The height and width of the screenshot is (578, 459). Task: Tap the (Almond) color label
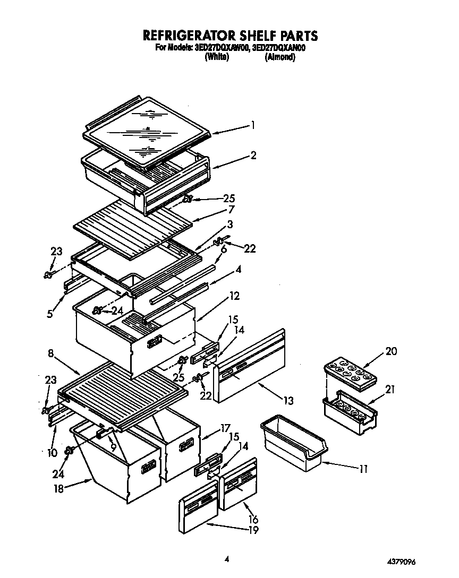pos(279,57)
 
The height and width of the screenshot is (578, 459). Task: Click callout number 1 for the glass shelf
pos(253,126)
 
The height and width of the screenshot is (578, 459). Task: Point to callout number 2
pos(253,155)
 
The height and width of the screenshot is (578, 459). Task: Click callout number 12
pos(234,296)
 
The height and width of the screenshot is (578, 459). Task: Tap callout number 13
pos(288,401)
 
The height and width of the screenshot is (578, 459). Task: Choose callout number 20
pos(391,351)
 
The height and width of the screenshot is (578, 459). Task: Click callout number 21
pos(390,390)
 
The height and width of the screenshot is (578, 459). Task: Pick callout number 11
pos(363,469)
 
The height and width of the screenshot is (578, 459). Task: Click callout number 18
pos(59,489)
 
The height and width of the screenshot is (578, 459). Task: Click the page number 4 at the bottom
pos(227,558)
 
